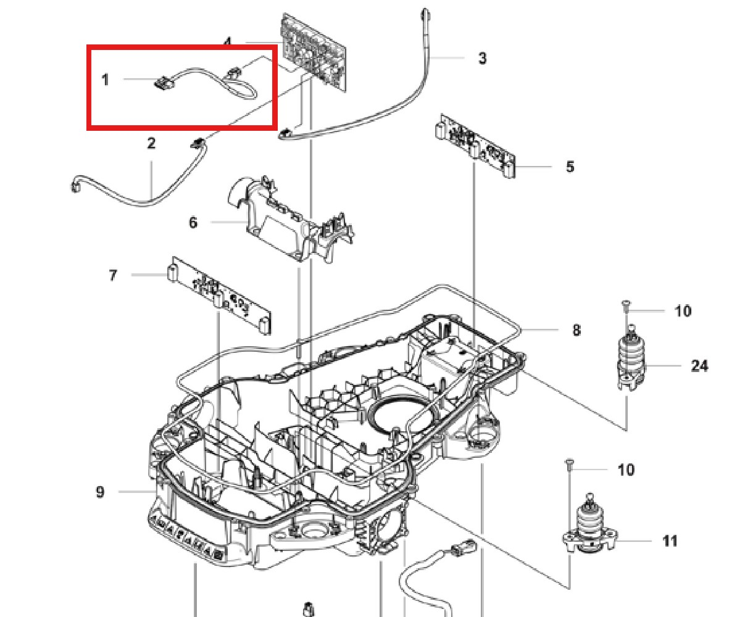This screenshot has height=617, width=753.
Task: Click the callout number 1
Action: (x=106, y=80)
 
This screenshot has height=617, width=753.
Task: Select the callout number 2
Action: (x=151, y=143)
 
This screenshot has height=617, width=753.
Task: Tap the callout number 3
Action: (x=482, y=59)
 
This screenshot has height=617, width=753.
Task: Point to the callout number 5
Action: (x=569, y=167)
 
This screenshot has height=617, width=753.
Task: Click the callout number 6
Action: (x=193, y=222)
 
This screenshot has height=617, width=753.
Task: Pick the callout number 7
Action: (x=113, y=275)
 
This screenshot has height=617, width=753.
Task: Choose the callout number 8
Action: (x=576, y=330)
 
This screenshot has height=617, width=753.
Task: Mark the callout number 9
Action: (x=100, y=492)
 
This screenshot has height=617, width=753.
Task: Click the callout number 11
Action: (x=670, y=541)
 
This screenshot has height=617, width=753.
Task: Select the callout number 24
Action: (x=699, y=366)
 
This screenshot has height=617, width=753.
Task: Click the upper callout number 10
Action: (x=683, y=311)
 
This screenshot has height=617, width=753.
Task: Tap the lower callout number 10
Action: (x=625, y=470)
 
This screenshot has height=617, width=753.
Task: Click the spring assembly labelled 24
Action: (x=631, y=361)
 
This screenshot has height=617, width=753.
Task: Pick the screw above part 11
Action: (x=570, y=464)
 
